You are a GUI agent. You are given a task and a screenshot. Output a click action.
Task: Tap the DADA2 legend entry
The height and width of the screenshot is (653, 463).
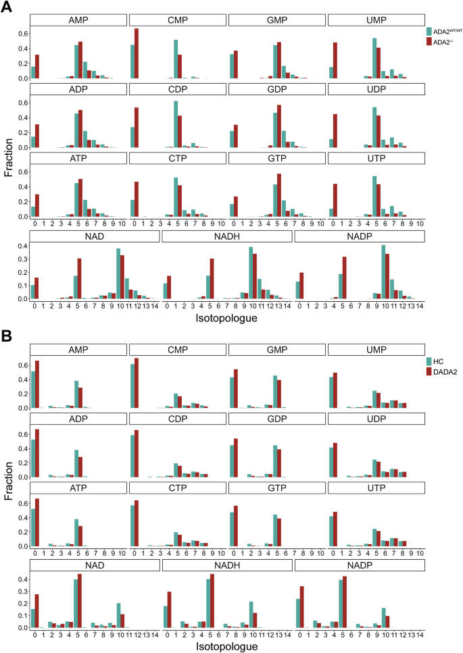point(443,372)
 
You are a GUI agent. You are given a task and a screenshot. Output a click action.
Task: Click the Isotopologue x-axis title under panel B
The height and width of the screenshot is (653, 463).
point(226,646)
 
